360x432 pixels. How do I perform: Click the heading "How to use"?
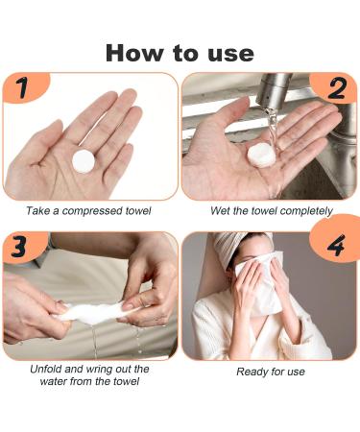180,52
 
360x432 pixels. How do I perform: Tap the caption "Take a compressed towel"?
88,210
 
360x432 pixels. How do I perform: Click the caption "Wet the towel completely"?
272,210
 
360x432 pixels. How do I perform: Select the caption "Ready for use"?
270,371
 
